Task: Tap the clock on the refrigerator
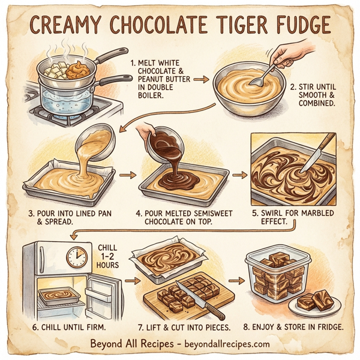(x=77, y=257)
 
